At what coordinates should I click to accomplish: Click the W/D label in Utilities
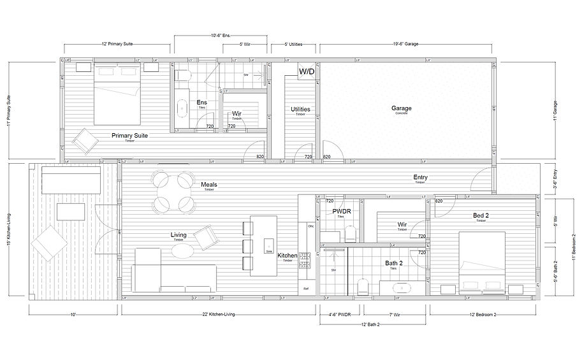point(307,71)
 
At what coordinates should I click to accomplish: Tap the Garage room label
point(401,108)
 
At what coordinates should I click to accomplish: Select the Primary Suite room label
point(129,136)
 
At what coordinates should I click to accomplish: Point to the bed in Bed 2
point(482,262)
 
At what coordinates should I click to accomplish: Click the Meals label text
point(209,185)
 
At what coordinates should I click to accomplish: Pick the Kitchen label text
point(287,256)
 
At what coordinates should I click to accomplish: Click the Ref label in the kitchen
point(306,289)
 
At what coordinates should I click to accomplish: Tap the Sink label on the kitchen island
point(268,252)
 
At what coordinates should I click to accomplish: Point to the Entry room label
point(420,178)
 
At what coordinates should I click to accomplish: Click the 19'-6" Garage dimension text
point(405,45)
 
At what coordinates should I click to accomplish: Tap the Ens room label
point(201,103)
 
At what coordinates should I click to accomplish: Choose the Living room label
point(178,235)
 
